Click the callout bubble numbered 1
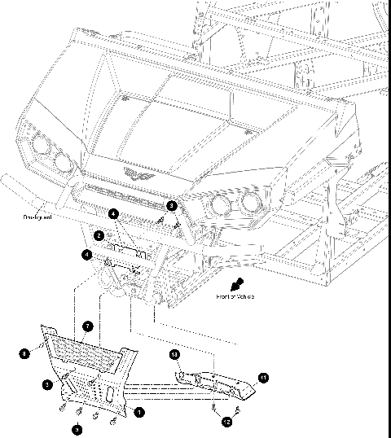138,412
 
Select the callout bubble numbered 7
88,326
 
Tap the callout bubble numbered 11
262,377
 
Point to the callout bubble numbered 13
174,355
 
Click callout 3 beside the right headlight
172,204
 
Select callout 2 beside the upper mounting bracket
99,235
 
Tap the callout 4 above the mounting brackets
113,213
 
